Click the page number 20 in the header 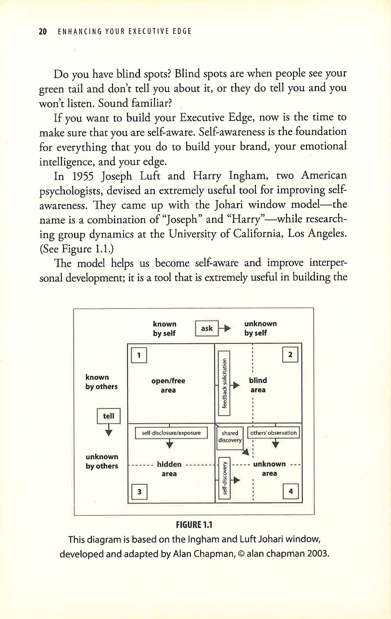tap(43, 32)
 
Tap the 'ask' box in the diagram tap(207, 328)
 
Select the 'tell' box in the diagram tap(108, 416)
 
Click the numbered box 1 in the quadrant tap(139, 355)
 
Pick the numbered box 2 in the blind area tap(290, 354)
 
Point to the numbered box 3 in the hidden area tap(139, 492)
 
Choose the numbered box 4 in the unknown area tap(291, 491)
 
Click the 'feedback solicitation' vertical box tap(224, 383)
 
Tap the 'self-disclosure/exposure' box tap(171, 433)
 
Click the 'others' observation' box tap(273, 433)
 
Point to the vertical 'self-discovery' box tap(224, 478)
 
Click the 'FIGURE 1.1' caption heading tap(194, 525)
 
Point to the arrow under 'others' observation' tap(276, 444)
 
